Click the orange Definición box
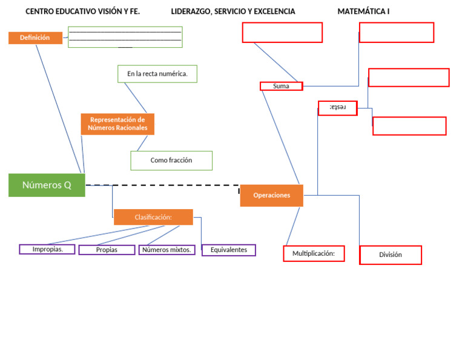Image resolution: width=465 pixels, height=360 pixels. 35,38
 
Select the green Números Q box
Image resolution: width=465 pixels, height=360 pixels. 47,185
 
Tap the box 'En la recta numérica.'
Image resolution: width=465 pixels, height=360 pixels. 157,74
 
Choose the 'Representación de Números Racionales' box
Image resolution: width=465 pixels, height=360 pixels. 117,124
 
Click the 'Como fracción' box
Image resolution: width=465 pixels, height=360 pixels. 171,161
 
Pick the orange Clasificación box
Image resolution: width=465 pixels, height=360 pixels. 153,217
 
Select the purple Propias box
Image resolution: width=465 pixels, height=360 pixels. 107,250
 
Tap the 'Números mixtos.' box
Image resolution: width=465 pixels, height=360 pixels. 167,250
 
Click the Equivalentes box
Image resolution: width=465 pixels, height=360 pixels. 229,250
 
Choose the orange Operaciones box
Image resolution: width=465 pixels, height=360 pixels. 271,195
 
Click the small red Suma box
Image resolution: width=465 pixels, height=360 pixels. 281,86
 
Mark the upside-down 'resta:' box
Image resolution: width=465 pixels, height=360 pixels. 337,108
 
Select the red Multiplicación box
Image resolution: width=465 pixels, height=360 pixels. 314,253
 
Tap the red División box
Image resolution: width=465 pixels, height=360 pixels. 391,255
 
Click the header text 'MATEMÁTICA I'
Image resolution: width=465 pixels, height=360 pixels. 363,12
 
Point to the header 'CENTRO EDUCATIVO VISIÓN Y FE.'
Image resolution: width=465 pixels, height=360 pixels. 82,12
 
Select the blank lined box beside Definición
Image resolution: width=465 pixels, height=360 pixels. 125,37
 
